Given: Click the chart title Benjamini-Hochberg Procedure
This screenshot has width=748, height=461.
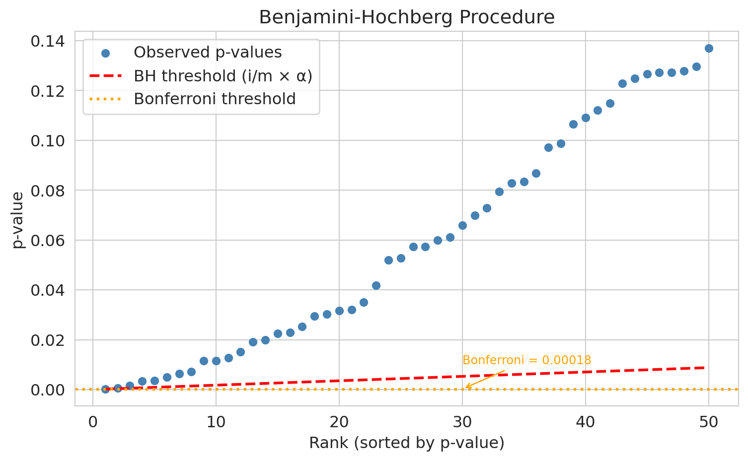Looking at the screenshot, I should click(x=407, y=17).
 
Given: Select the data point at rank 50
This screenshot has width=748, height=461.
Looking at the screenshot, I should click(x=709, y=48).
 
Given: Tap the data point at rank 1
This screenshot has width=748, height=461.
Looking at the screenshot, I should click(x=105, y=389).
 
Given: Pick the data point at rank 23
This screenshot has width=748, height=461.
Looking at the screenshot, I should click(x=376, y=285).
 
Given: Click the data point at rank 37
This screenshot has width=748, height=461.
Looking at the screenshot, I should click(x=548, y=147).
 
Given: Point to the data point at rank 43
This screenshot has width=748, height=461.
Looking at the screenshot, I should click(x=622, y=83).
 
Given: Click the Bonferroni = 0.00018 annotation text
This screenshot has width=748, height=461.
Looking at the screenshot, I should click(x=526, y=360).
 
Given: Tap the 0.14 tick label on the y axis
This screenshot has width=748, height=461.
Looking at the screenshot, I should click(x=47, y=41).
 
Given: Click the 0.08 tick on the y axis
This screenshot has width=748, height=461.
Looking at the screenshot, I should click(x=47, y=191).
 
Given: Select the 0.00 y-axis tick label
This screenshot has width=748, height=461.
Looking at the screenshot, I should click(x=47, y=390).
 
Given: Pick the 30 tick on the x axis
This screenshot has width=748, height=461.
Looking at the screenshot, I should click(x=462, y=423).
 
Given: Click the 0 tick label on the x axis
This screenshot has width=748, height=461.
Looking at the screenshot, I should click(x=93, y=423).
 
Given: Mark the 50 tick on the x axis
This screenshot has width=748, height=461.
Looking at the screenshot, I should click(x=709, y=423).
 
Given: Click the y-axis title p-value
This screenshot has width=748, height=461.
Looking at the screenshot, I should click(x=18, y=220).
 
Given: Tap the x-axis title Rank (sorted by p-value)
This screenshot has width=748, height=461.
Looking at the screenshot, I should click(x=407, y=443).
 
